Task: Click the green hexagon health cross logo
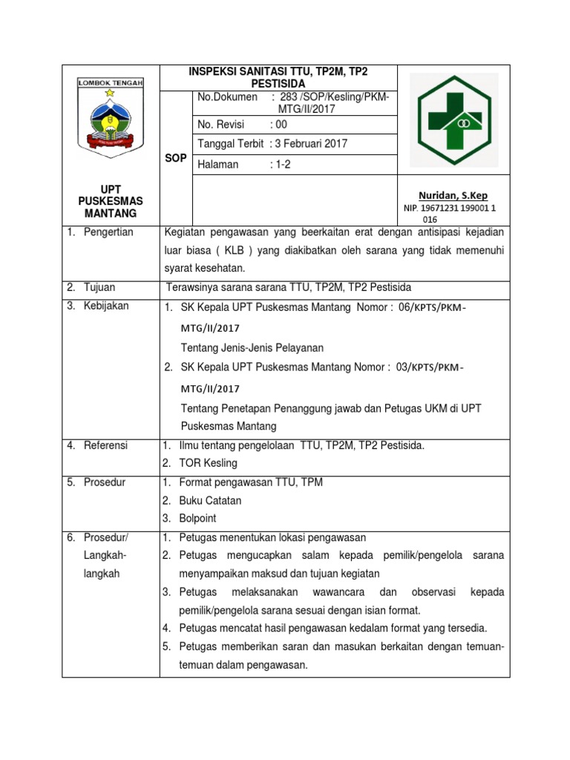(x=453, y=119)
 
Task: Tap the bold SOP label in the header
(x=175, y=159)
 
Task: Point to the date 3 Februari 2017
(x=311, y=144)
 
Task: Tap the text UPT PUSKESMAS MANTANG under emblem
(x=111, y=202)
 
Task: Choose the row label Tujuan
(x=99, y=286)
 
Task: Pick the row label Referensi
(x=105, y=445)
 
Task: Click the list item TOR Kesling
(x=208, y=463)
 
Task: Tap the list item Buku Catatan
(x=210, y=500)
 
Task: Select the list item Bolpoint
(x=198, y=518)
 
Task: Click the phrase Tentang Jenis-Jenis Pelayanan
(x=252, y=347)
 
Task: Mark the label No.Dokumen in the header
(x=227, y=97)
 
